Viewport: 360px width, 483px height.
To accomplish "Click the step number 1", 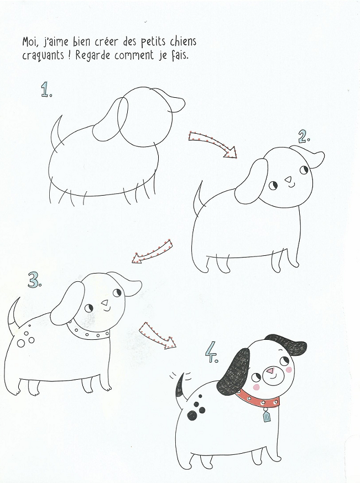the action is coord(46,90).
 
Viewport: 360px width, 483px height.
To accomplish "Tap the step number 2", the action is coord(304,136).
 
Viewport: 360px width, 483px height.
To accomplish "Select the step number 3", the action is coord(34,280).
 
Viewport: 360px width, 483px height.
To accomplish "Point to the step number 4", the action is coord(212,353).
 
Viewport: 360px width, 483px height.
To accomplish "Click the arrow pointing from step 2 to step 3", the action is coord(152,251).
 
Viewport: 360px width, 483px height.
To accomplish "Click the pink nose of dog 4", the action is coord(271,371).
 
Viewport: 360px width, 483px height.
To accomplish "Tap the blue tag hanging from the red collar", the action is coord(267,417).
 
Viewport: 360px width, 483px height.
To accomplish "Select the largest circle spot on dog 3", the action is coord(21,343).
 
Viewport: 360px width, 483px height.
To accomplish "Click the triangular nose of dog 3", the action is coord(105,302).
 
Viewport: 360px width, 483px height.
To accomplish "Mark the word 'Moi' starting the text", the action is coord(30,41).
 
